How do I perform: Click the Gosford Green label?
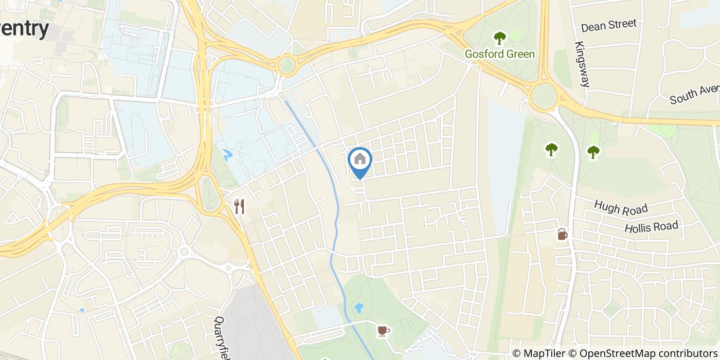(x=500, y=54)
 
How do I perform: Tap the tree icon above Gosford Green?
(x=499, y=38)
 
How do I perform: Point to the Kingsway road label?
(x=582, y=64)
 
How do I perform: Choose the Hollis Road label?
(x=652, y=226)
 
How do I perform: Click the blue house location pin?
(x=360, y=160)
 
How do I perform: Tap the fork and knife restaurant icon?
(x=239, y=207)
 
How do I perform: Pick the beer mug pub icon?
(x=562, y=235)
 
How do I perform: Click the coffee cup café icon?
(x=383, y=331)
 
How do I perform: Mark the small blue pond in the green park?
(x=359, y=308)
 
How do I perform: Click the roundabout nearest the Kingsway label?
(x=544, y=97)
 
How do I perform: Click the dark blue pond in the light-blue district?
(x=227, y=153)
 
